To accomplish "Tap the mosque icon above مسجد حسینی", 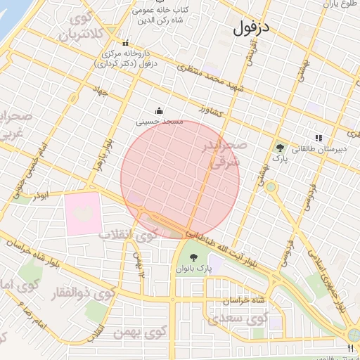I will coord(160,110).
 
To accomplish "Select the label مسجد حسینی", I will coord(160,122).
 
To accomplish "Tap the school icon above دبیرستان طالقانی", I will coord(319,139).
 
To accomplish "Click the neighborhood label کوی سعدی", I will coord(248,319).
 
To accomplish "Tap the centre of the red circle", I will coord(180,180).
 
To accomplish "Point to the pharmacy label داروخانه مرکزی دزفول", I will coord(127,58).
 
